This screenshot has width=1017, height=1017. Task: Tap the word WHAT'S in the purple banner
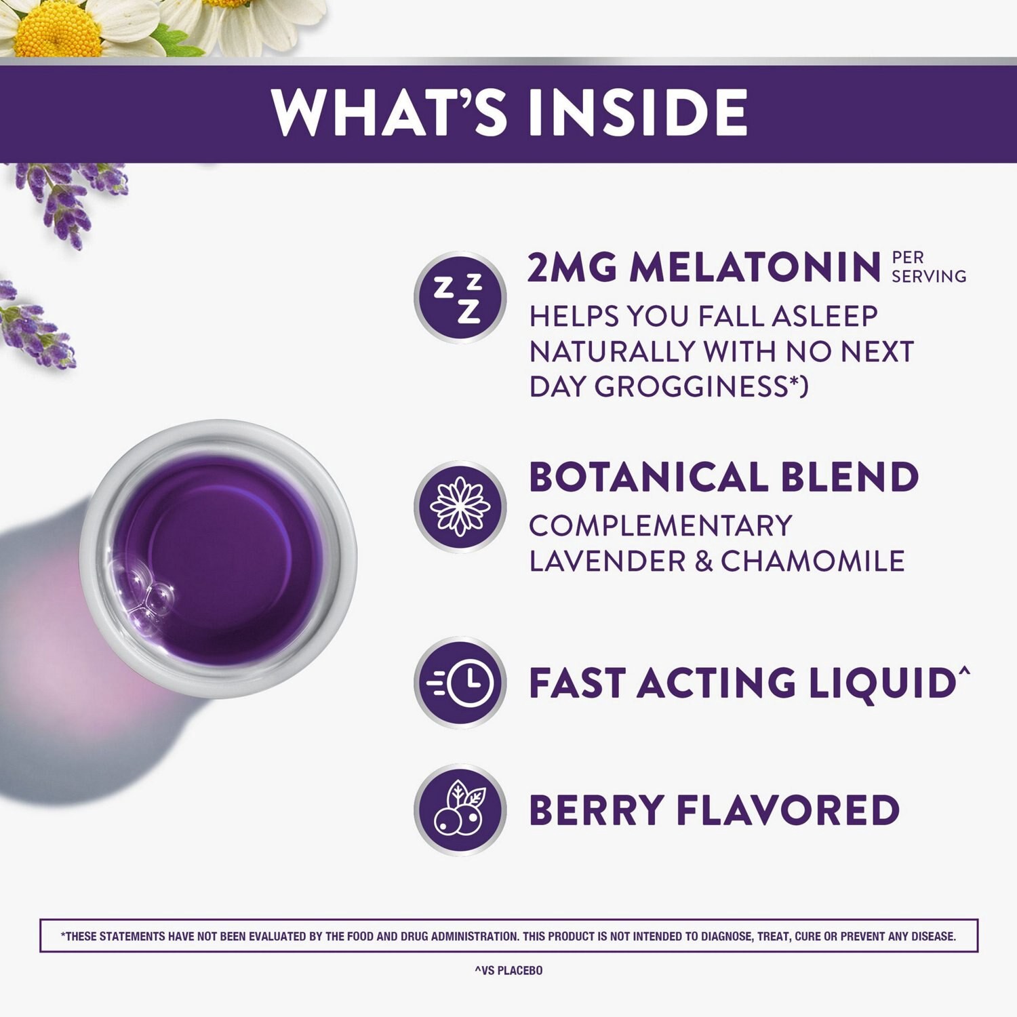pyautogui.click(x=390, y=112)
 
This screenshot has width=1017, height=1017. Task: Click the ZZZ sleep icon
pyautogui.click(x=460, y=298)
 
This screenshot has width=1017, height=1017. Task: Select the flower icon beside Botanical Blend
pyautogui.click(x=460, y=506)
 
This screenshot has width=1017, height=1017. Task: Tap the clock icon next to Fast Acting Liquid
pyautogui.click(x=460, y=682)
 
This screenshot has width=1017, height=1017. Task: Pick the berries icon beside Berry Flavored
pyautogui.click(x=460, y=810)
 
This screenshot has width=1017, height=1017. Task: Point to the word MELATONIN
pyautogui.click(x=755, y=268)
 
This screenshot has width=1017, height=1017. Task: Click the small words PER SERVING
pyautogui.click(x=928, y=267)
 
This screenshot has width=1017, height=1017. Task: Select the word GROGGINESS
pyautogui.click(x=692, y=386)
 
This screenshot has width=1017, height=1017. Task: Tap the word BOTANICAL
pyautogui.click(x=648, y=477)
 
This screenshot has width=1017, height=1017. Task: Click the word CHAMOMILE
pyautogui.click(x=812, y=561)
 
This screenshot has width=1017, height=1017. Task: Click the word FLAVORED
pyautogui.click(x=788, y=810)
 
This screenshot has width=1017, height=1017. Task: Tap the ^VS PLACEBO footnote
pyautogui.click(x=509, y=970)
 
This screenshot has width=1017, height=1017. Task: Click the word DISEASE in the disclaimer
pyautogui.click(x=933, y=936)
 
